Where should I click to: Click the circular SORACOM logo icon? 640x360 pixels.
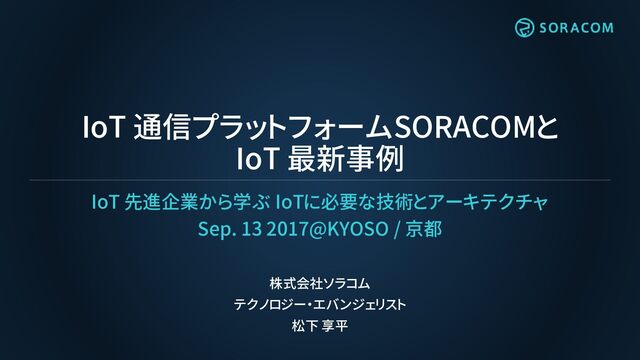tap(524, 28)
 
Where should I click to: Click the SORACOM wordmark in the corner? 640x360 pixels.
tap(576, 28)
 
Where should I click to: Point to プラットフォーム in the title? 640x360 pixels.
tap(287, 127)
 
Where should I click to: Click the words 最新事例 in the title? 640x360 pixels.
tap(346, 158)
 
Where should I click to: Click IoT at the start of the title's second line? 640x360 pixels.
tap(258, 159)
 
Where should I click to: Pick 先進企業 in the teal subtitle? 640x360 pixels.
tap(161, 202)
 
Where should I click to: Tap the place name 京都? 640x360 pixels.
tap(424, 229)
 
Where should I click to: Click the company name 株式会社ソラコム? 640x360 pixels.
tap(320, 283)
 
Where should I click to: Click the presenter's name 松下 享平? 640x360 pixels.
tap(320, 326)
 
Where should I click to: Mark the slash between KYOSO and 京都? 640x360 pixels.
tap(397, 229)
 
